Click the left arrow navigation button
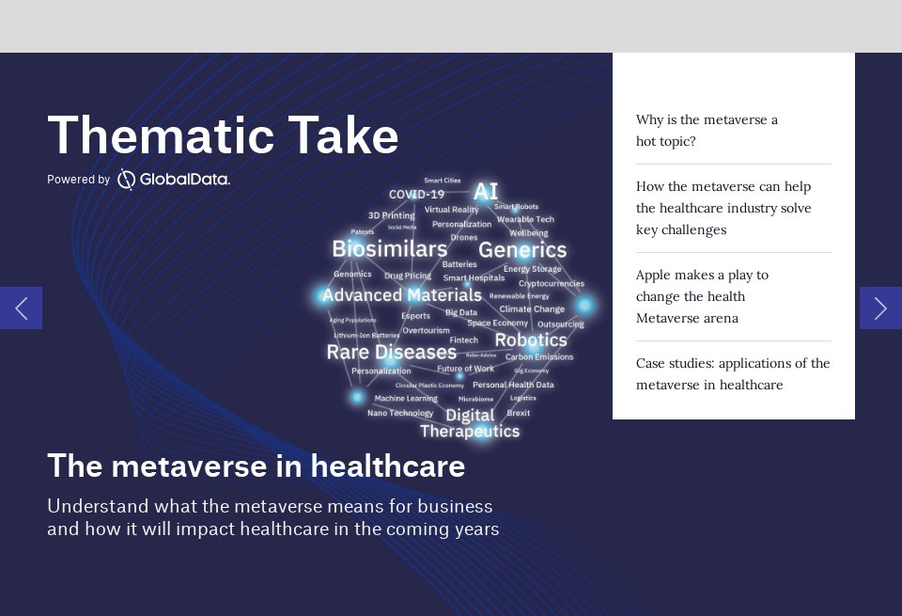click(21, 308)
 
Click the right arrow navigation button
click(880, 308)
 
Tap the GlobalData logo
click(174, 179)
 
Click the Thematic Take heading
click(223, 135)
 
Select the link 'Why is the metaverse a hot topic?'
click(707, 131)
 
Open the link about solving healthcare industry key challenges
click(723, 208)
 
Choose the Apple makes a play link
click(702, 296)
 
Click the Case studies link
click(733, 373)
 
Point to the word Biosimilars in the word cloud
click(389, 249)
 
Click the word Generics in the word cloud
click(522, 250)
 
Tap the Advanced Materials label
click(401, 295)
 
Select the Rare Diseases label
click(391, 353)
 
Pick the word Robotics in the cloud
click(531, 340)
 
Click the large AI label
click(485, 192)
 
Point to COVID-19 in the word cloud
click(416, 195)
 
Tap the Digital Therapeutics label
click(470, 423)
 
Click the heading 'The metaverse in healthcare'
click(256, 466)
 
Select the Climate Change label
click(532, 309)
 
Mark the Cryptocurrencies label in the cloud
click(552, 283)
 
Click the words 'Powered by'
click(78, 180)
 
